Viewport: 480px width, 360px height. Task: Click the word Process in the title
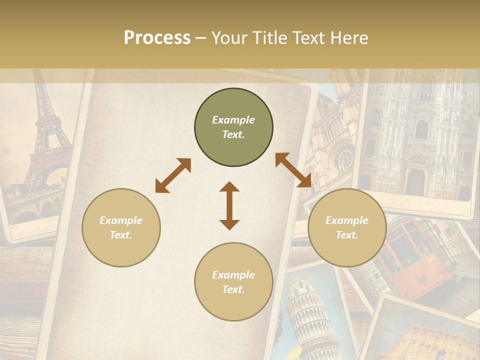[x=157, y=38]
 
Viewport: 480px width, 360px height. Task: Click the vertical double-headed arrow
[x=229, y=205]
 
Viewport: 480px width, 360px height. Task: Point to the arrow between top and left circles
[x=173, y=175]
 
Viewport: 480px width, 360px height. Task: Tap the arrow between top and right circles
[x=293, y=170]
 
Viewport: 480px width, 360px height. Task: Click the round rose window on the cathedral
[x=343, y=159]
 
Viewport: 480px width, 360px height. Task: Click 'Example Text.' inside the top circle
[x=233, y=127]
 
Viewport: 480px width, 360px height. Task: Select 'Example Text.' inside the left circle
[x=121, y=228]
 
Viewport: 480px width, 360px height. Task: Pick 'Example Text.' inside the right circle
[x=347, y=228]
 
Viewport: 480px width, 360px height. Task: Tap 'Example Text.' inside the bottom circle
[x=233, y=282]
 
